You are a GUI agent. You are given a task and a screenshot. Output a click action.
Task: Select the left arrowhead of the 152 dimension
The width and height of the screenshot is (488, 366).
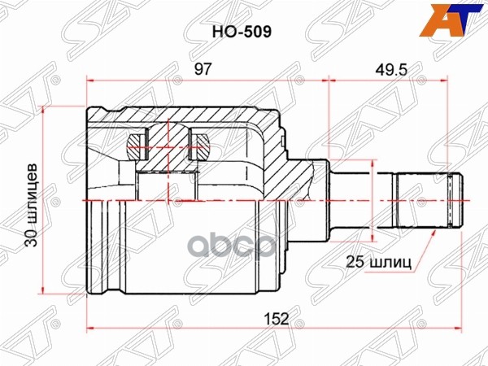(90, 329)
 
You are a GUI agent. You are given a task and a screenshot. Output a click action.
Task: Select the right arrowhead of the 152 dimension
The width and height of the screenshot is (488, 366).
(445, 329)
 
